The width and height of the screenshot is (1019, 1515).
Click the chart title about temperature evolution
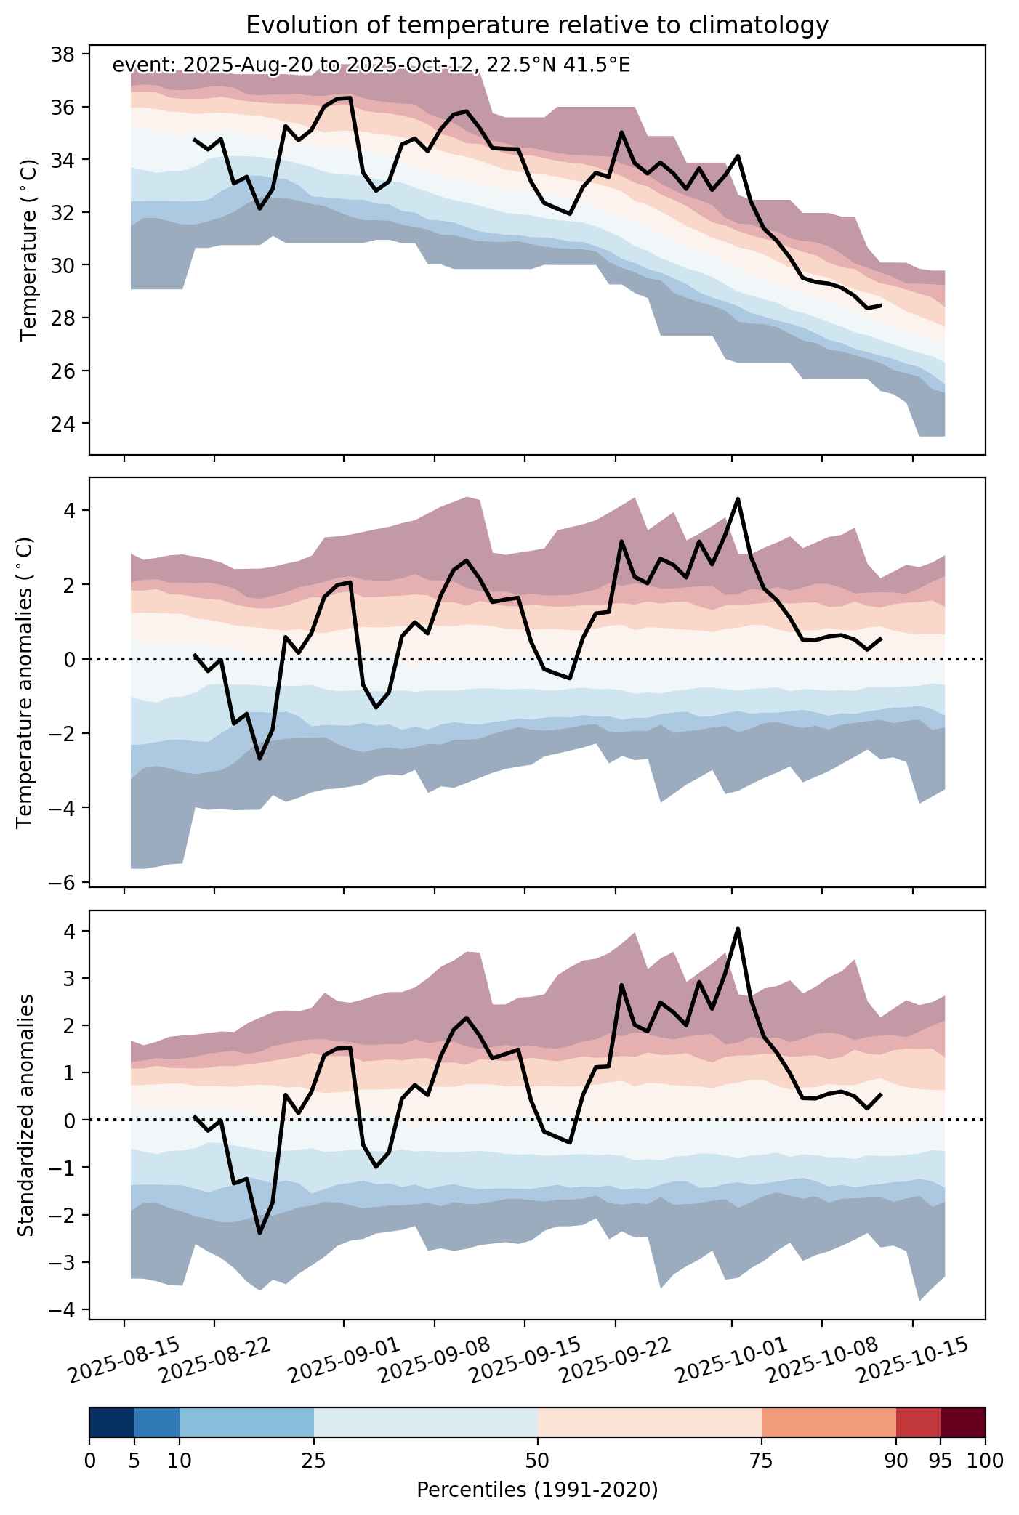[x=537, y=25]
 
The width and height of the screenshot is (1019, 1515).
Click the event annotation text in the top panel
[x=371, y=65]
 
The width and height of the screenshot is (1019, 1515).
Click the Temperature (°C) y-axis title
[x=28, y=251]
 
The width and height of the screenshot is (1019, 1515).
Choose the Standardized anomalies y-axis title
[x=25, y=1115]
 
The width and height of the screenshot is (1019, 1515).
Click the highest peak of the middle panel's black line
[x=738, y=498]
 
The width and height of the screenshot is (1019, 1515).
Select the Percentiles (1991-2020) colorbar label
[x=537, y=1490]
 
